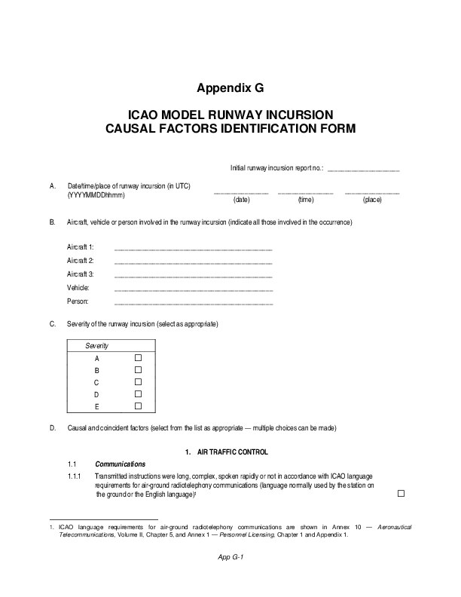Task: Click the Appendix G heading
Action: (x=230, y=87)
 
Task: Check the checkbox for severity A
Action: (x=138, y=358)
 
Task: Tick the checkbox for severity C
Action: (x=138, y=382)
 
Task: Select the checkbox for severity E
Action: (x=138, y=406)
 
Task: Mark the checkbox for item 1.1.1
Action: (x=401, y=493)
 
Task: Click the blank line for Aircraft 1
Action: (x=192, y=249)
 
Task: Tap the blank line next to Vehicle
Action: (x=192, y=289)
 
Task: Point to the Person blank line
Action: (x=192, y=303)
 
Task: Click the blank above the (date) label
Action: (x=241, y=194)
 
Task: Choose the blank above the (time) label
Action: (x=305, y=194)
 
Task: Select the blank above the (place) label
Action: (x=372, y=194)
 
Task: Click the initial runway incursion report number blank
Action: (x=364, y=170)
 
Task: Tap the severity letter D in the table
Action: (x=96, y=394)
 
